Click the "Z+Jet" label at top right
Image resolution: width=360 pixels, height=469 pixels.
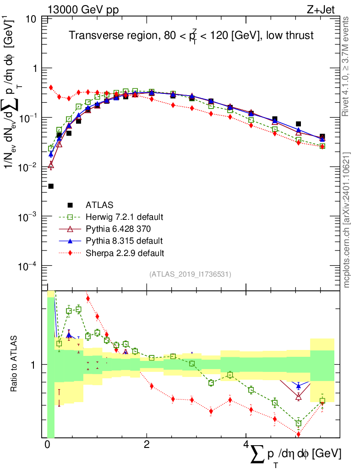pyautogui.click(x=324, y=8)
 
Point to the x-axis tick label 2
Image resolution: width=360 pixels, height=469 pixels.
pyautogui.click(x=146, y=445)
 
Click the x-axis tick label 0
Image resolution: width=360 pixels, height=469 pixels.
pyautogui.click(x=47, y=445)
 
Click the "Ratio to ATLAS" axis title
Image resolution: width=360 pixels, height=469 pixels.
pyautogui.click(x=15, y=364)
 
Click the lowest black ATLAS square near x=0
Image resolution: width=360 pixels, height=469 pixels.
pyautogui.click(x=51, y=186)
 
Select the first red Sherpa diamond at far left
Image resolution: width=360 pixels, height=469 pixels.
pyautogui.click(x=51, y=87)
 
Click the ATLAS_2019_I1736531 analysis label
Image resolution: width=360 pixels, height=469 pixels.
pyautogui.click(x=190, y=274)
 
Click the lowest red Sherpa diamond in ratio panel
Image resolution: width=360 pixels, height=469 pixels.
pyautogui.click(x=299, y=434)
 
